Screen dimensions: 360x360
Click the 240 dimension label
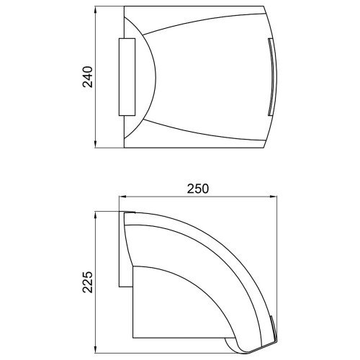click(x=88, y=77)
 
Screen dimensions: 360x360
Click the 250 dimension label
click(x=198, y=189)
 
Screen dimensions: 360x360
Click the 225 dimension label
click(x=88, y=282)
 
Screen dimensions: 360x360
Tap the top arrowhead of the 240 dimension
click(x=96, y=10)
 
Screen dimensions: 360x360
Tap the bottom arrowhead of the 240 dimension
click(x=96, y=144)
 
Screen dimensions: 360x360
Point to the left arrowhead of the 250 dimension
click(x=123, y=197)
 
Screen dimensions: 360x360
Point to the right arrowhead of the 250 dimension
click(x=273, y=197)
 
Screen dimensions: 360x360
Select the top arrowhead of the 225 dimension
click(x=96, y=215)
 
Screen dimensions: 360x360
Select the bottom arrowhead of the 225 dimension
click(x=96, y=349)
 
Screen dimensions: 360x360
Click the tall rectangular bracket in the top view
click(x=127, y=77)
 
